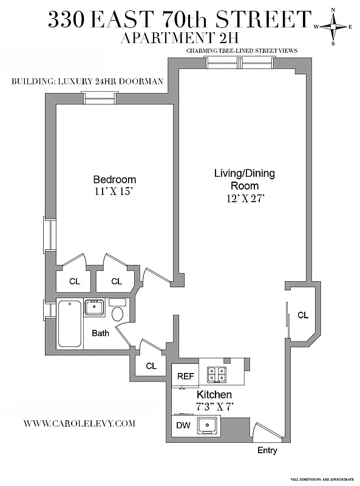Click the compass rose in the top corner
(333, 26)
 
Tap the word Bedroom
(114, 180)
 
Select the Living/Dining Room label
(244, 179)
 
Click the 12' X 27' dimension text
(244, 198)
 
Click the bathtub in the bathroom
(70, 323)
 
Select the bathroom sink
(93, 307)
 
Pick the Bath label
(100, 334)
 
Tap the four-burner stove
(216, 374)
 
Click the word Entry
(267, 450)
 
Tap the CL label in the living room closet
(302, 315)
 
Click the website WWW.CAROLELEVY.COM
(80, 423)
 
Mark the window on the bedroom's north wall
(99, 97)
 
